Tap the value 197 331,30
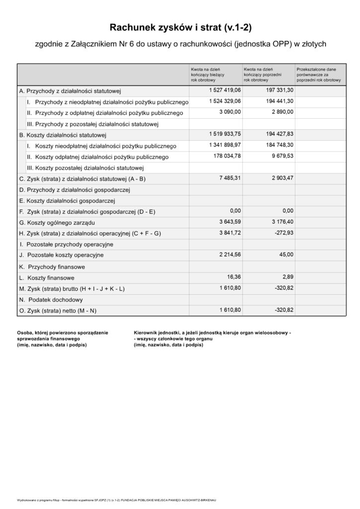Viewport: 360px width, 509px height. click(x=276, y=90)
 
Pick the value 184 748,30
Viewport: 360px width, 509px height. click(x=276, y=146)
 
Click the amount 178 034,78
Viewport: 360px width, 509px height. click(x=225, y=157)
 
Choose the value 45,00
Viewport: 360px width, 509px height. click(x=285, y=254)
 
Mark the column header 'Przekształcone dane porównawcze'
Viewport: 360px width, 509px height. click(x=318, y=75)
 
